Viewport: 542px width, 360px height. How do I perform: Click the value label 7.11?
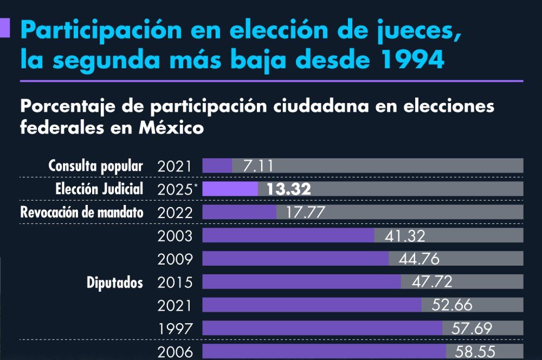(x=258, y=166)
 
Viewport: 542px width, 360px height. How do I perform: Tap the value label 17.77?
(x=306, y=213)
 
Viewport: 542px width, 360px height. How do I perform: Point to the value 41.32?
(x=405, y=236)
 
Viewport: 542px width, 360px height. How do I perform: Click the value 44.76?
(x=418, y=259)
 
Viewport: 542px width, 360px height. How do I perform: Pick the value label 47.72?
(x=431, y=282)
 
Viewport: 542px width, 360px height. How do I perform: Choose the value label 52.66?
(x=452, y=306)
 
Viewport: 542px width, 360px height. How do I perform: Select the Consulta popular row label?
(x=96, y=166)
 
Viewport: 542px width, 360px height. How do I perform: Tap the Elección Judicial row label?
(x=99, y=189)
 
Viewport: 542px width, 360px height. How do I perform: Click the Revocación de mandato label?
(x=82, y=213)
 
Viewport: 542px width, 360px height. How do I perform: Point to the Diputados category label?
(x=115, y=282)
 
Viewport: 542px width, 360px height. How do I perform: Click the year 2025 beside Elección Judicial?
(x=174, y=189)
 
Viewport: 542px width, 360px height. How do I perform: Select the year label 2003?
(x=175, y=236)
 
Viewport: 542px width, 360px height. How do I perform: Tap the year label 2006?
(x=175, y=352)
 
